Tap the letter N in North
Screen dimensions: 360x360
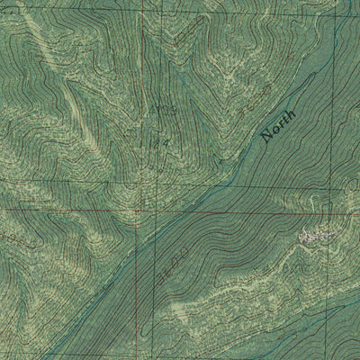pyautogui.click(x=267, y=138)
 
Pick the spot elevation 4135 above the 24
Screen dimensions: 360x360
pyautogui.click(x=163, y=110)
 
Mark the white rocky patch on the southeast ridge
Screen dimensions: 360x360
pyautogui.click(x=312, y=236)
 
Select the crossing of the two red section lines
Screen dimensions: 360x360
pyautogui.click(x=134, y=210)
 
